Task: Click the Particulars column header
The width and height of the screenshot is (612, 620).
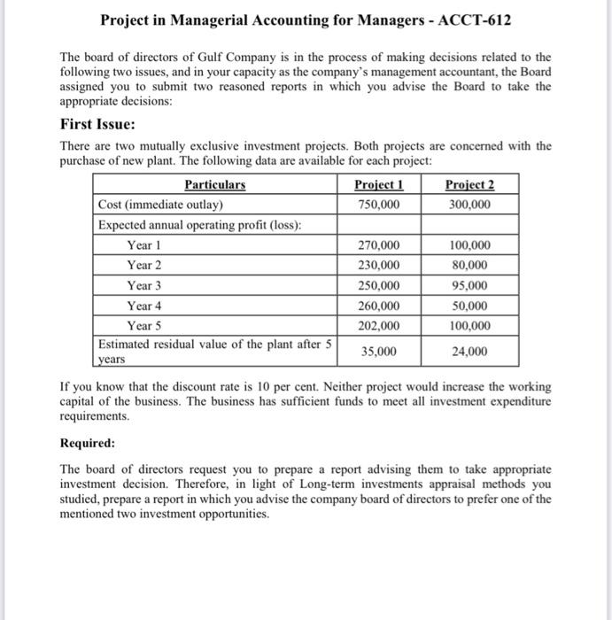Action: click(215, 185)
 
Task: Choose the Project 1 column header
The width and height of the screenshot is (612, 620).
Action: click(378, 185)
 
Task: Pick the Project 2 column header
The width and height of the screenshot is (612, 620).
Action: click(469, 185)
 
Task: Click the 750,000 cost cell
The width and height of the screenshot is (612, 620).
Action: click(378, 205)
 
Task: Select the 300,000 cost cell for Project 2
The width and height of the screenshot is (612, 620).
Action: click(469, 205)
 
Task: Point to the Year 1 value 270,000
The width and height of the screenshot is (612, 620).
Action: click(378, 245)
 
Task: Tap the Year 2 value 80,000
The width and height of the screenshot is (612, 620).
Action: click(469, 266)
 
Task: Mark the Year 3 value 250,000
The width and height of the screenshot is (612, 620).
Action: click(378, 286)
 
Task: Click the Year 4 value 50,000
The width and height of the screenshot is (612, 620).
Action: click(469, 306)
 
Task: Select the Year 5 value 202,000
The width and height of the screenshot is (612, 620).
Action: click(378, 326)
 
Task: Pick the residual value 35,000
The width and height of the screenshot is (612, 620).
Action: click(378, 352)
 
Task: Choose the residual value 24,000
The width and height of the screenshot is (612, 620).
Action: click(469, 352)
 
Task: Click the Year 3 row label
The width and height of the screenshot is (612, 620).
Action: click(144, 286)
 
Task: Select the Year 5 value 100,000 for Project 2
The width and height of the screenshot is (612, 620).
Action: click(469, 326)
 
